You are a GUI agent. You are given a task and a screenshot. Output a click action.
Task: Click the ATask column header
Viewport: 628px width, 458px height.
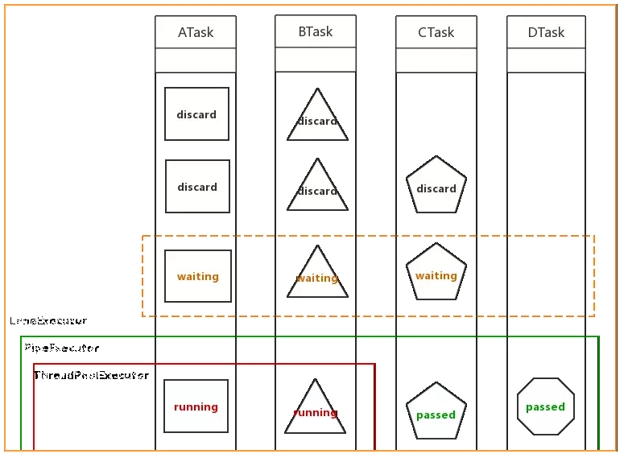[x=196, y=33]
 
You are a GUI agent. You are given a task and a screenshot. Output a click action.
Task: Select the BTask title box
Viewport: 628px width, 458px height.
[x=315, y=32]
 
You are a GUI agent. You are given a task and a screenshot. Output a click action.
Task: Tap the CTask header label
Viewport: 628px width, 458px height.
[x=436, y=33]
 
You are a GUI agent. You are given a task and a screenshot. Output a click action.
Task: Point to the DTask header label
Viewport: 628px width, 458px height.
[x=546, y=33]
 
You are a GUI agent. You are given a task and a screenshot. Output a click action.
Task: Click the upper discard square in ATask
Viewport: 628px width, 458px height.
[x=196, y=114]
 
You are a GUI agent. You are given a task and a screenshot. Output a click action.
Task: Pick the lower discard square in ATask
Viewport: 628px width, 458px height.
[x=197, y=187]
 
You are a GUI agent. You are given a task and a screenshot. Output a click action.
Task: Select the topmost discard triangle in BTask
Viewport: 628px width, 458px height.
[x=317, y=119]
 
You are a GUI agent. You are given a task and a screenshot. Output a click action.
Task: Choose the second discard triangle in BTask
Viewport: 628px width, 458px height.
[x=317, y=189]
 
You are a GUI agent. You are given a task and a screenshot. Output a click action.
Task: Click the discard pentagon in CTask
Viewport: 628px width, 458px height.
[x=436, y=186]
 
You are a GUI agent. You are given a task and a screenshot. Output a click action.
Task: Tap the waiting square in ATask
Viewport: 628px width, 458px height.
[x=197, y=276]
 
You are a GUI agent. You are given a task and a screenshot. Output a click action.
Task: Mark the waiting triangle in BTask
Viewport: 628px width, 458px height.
[x=317, y=276]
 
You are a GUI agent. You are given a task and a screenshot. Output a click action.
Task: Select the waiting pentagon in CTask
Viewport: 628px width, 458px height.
[x=436, y=273]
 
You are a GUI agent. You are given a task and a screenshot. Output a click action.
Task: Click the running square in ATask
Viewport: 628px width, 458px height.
[x=196, y=406]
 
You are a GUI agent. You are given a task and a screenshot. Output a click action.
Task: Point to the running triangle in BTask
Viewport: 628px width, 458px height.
[x=316, y=411]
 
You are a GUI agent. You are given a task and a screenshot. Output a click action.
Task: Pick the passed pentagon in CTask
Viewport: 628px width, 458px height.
[x=436, y=412]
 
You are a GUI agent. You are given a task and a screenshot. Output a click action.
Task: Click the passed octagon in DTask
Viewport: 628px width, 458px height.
[x=545, y=406]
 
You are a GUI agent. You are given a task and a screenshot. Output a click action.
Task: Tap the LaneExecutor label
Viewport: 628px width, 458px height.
[x=48, y=320]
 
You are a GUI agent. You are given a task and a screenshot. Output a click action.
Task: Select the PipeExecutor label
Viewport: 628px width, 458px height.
[x=61, y=349]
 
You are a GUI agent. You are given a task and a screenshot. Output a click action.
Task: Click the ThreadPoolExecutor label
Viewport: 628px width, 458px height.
[x=91, y=375]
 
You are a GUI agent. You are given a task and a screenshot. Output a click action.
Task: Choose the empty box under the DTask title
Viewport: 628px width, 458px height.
[x=546, y=60]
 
